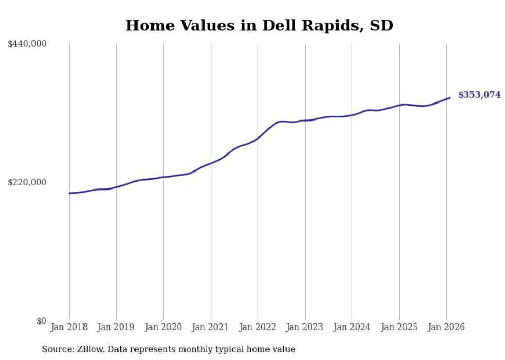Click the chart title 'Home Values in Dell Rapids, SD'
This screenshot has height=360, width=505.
click(259, 25)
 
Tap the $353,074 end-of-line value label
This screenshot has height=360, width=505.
click(479, 95)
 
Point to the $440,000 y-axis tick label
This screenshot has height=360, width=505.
click(27, 44)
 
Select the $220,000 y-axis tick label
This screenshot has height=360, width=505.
click(27, 182)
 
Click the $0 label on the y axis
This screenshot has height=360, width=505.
click(41, 321)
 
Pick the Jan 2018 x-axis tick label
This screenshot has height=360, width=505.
click(69, 327)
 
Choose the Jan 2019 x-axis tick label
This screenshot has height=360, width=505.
click(116, 327)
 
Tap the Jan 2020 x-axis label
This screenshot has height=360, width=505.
click(163, 327)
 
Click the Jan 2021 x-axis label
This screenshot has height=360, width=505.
click(211, 327)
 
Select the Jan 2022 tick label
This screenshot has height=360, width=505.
click(258, 327)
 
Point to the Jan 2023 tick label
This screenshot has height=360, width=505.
click(305, 327)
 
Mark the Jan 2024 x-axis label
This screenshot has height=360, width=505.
click(352, 327)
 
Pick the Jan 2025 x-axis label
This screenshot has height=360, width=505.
click(399, 327)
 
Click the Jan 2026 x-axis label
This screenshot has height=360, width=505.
click(446, 327)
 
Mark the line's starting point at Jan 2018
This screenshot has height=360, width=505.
click(69, 193)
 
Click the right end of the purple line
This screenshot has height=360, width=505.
click(450, 98)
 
